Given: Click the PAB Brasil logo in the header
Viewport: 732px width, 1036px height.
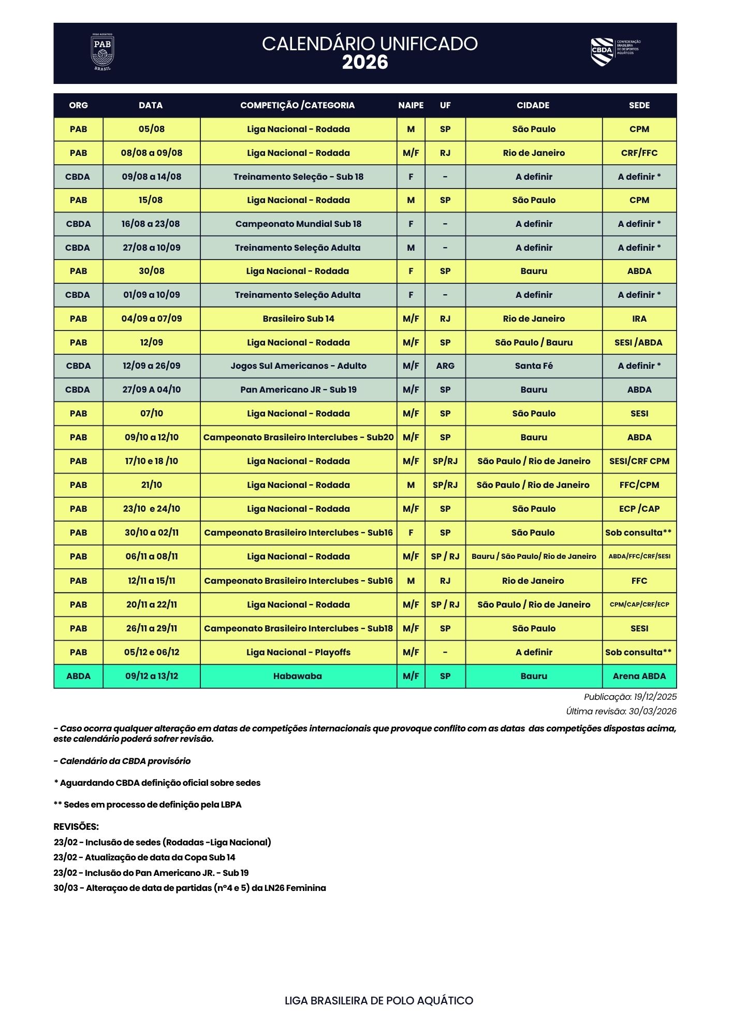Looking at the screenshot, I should pyautogui.click(x=102, y=52).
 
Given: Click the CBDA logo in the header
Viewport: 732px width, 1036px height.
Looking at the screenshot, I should pyautogui.click(x=615, y=52).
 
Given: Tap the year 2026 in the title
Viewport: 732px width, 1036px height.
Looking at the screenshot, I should pyautogui.click(x=365, y=63).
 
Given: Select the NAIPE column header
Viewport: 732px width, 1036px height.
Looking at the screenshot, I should pyautogui.click(x=411, y=105).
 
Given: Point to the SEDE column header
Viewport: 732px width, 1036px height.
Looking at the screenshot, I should pyautogui.click(x=639, y=105).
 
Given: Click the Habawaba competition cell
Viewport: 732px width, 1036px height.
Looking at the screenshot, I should pyautogui.click(x=298, y=676).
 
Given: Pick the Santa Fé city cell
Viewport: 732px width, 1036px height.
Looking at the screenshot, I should pyautogui.click(x=534, y=366).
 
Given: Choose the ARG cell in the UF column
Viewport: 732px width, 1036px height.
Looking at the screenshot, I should pyautogui.click(x=445, y=366).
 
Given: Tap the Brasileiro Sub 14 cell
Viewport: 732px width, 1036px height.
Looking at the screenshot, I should pyautogui.click(x=298, y=319).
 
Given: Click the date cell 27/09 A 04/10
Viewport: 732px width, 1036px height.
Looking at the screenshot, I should pyautogui.click(x=151, y=390).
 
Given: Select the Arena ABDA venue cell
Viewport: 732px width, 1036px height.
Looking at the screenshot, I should pyautogui.click(x=639, y=676).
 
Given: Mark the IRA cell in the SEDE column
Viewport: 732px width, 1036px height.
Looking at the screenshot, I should pyautogui.click(x=639, y=319).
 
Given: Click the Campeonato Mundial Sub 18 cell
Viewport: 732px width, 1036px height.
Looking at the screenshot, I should pyautogui.click(x=298, y=224).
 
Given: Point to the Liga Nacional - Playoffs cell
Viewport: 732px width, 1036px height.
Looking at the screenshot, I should pyautogui.click(x=298, y=652).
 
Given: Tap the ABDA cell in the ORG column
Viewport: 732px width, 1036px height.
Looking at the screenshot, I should pyautogui.click(x=78, y=676).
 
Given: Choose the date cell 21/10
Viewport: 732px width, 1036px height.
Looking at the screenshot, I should pyautogui.click(x=151, y=485).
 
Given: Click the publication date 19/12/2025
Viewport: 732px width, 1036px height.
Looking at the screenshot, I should pyautogui.click(x=655, y=697).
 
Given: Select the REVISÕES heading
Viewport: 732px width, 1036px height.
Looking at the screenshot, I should pyautogui.click(x=76, y=827).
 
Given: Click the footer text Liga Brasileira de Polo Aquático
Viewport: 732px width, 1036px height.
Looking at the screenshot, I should pyautogui.click(x=379, y=1001).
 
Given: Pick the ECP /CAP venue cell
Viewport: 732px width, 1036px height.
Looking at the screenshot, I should pyautogui.click(x=639, y=509).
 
